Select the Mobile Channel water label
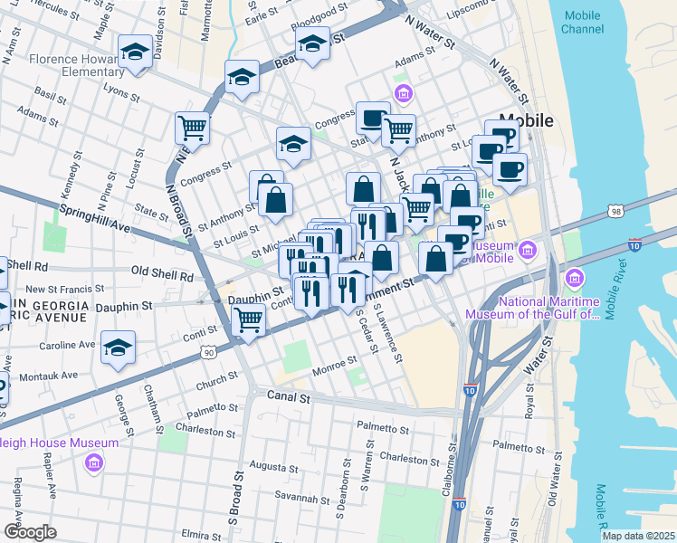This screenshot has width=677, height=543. click(x=582, y=23)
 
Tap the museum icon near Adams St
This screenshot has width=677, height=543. click(x=403, y=93)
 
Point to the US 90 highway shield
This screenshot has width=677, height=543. click(x=209, y=351)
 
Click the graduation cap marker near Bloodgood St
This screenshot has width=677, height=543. click(x=312, y=44)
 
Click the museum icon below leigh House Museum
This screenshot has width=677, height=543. click(x=93, y=463)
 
